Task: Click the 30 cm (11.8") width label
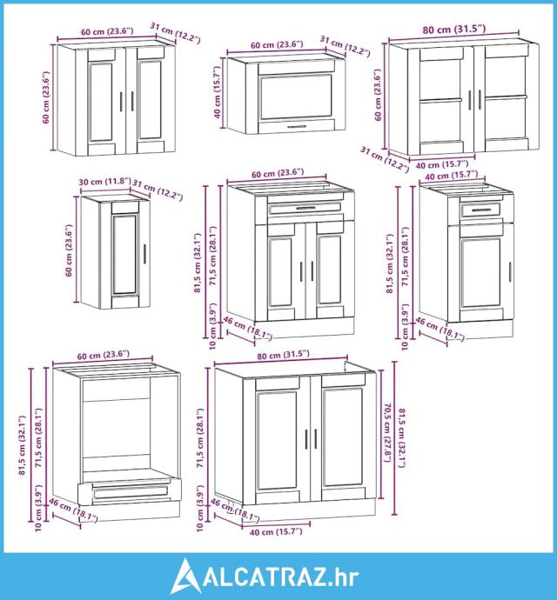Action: tap(105, 182)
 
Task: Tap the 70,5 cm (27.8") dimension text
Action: tap(386, 432)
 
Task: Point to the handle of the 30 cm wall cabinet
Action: tap(144, 254)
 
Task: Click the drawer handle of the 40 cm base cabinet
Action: tap(480, 210)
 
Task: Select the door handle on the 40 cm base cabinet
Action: tap(510, 272)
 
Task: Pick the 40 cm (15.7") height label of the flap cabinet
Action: tap(217, 92)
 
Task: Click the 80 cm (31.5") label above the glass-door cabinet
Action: tap(454, 29)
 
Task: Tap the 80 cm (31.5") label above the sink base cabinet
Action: tap(283, 355)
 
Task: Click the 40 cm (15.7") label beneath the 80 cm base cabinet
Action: tap(275, 532)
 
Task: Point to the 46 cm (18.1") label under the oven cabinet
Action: tap(73, 510)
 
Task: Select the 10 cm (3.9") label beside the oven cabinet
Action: tap(38, 508)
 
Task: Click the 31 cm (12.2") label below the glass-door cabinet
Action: tap(384, 159)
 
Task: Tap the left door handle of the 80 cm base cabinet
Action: tap(306, 439)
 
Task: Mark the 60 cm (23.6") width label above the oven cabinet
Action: tap(103, 356)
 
